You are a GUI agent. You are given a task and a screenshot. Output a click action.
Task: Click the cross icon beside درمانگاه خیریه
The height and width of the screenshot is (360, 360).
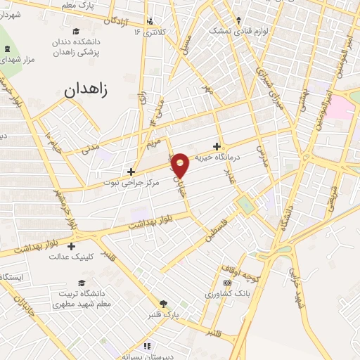(217, 146)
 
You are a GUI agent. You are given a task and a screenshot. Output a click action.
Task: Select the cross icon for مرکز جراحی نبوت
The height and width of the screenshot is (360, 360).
(131, 171)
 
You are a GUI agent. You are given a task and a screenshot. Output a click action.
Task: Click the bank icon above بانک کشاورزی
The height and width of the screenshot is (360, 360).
(226, 283)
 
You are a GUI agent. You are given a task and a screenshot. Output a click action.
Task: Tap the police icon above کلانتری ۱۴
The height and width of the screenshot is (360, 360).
(150, 22)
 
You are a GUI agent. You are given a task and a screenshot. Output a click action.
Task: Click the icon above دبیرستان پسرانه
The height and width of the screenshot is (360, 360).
(147, 345)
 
